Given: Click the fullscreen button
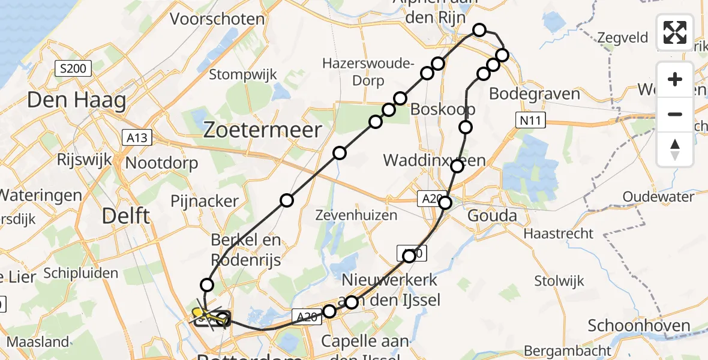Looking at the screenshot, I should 675,32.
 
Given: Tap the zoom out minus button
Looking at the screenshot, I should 675,114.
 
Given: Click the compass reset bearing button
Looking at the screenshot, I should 675,149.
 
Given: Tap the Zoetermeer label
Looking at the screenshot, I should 263,129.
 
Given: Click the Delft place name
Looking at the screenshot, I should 126,215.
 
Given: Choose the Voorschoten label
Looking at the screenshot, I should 217,19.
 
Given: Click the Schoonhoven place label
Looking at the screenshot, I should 639,326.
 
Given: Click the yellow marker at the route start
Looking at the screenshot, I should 197,312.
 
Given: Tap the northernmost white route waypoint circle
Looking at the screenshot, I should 479,29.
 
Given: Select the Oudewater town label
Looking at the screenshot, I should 658,197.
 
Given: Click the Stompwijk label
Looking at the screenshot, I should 243,74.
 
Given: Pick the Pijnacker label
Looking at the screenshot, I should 205,200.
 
